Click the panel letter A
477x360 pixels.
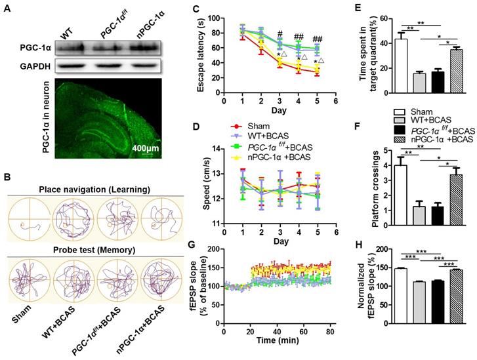coord(9,9)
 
